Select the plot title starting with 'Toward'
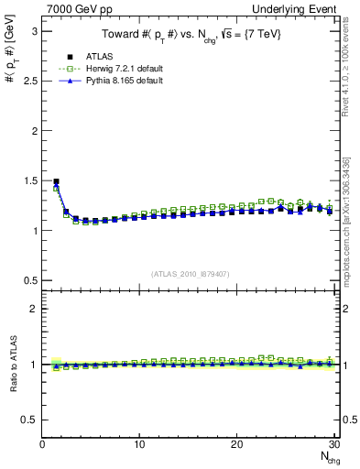tap(191, 35)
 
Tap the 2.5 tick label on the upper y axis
tap(30, 81)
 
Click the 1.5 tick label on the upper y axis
tap(30, 180)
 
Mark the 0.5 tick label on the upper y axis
tap(30, 280)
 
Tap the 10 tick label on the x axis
tap(139, 445)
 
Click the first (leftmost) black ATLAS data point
tap(56, 181)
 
